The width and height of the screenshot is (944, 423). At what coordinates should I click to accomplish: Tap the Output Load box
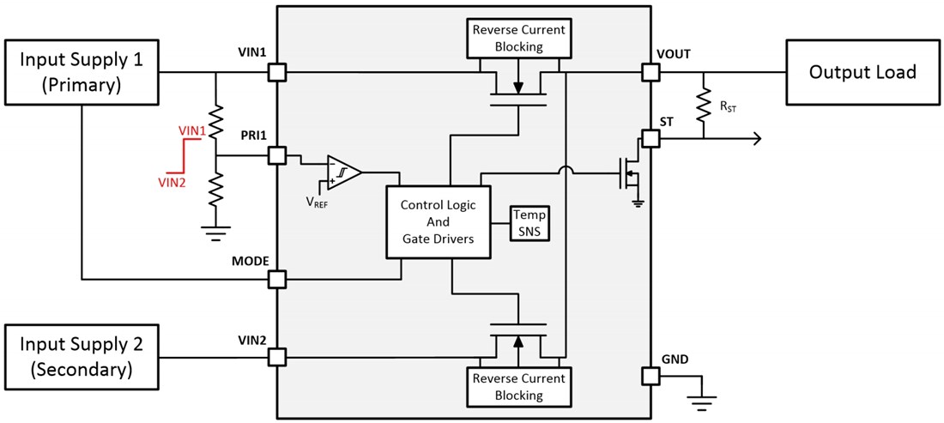tap(862, 72)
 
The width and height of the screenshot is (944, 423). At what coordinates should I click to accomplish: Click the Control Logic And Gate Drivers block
tap(438, 222)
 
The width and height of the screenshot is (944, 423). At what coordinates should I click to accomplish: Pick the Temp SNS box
tap(529, 222)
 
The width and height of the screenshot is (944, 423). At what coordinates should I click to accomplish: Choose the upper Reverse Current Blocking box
tap(518, 38)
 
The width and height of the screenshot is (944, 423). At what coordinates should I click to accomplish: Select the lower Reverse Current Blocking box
tap(518, 387)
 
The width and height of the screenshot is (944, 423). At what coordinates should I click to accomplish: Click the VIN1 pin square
tap(276, 73)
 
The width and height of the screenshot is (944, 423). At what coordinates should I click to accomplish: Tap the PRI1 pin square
tap(276, 155)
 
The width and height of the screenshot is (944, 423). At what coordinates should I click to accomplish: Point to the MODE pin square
tap(276, 279)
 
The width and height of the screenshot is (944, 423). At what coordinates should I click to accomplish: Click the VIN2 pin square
tap(276, 356)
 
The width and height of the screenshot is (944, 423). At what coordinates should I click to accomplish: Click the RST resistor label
tap(727, 106)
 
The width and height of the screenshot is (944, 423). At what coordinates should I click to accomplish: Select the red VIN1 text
tap(192, 130)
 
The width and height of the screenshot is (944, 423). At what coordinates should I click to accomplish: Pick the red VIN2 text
tap(172, 181)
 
